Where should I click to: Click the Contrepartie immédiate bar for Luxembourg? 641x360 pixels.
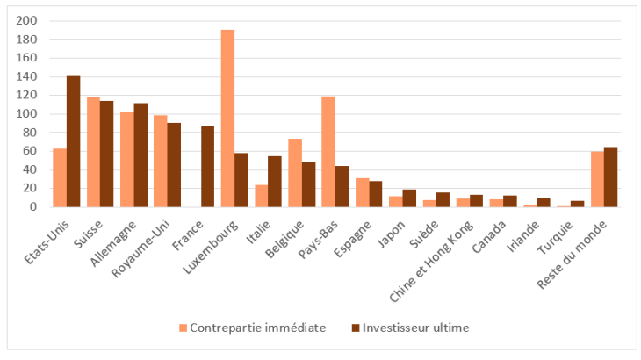pos(227,119)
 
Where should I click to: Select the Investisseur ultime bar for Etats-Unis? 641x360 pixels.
pos(73,140)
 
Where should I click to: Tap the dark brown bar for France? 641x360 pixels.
pos(207,166)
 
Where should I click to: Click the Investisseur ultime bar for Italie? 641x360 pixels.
pos(275,181)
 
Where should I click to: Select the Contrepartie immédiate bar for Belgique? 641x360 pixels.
pos(295,172)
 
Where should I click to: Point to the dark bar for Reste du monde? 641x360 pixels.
pos(611,176)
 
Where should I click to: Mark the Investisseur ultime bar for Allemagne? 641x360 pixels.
pos(140,155)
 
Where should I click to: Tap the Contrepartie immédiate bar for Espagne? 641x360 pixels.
pos(362,192)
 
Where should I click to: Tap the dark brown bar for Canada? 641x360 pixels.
pos(510,201)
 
